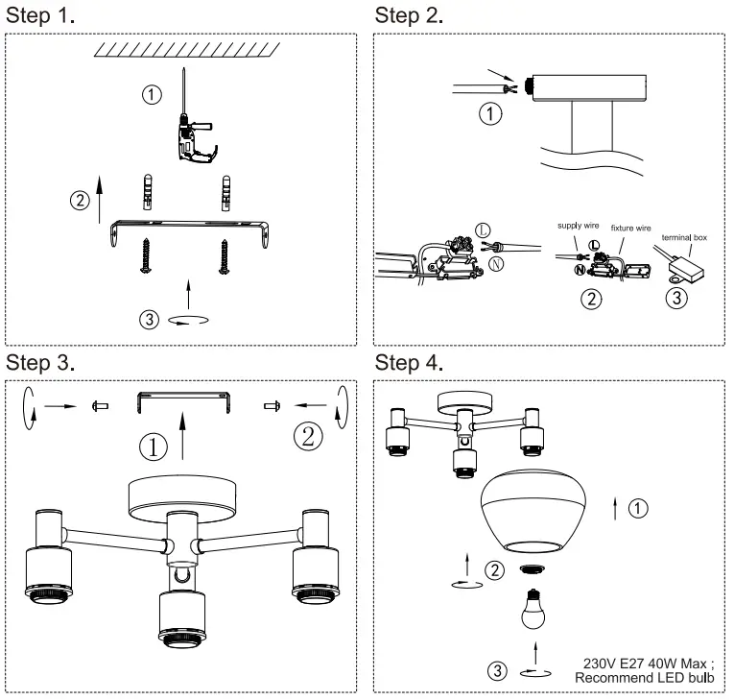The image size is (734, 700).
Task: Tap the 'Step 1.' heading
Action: pyautogui.click(x=41, y=15)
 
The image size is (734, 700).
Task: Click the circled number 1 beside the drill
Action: pyautogui.click(x=150, y=94)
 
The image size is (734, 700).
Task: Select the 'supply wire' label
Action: pyautogui.click(x=580, y=227)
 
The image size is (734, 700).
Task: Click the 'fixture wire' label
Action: pyautogui.click(x=631, y=230)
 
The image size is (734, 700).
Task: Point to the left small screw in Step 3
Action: pyautogui.click(x=98, y=407)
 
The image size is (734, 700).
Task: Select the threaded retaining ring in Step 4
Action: pyautogui.click(x=532, y=568)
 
